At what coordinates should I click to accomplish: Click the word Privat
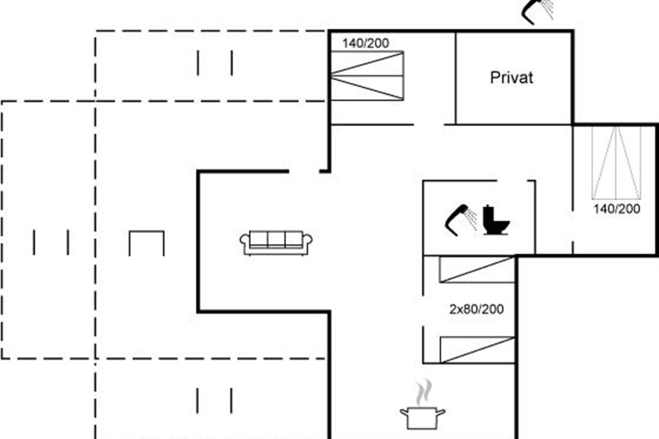[511, 77]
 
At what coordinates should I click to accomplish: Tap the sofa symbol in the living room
[276, 242]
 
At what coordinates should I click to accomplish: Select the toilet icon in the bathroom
[496, 220]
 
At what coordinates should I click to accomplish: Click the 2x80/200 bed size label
[476, 309]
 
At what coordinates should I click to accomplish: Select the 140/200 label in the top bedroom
[366, 44]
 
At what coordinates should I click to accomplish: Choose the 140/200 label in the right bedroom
[617, 209]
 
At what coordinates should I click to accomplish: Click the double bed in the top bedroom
[367, 76]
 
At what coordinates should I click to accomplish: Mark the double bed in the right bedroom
[617, 162]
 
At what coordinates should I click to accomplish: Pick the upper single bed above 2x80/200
[477, 269]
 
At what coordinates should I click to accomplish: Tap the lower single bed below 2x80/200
[477, 350]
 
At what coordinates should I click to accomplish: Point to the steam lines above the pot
[421, 393]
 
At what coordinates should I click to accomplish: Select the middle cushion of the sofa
[276, 239]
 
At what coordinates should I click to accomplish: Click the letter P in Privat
[494, 77]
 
